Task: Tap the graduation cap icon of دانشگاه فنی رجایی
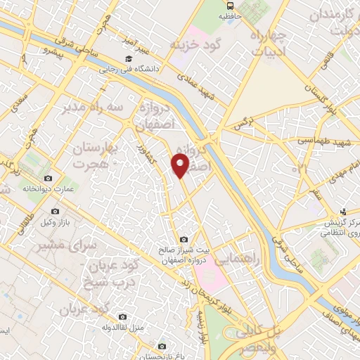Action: click(x=129, y=59)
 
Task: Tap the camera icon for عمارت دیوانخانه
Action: click(x=48, y=179)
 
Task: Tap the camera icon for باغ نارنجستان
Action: click(x=162, y=345)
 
